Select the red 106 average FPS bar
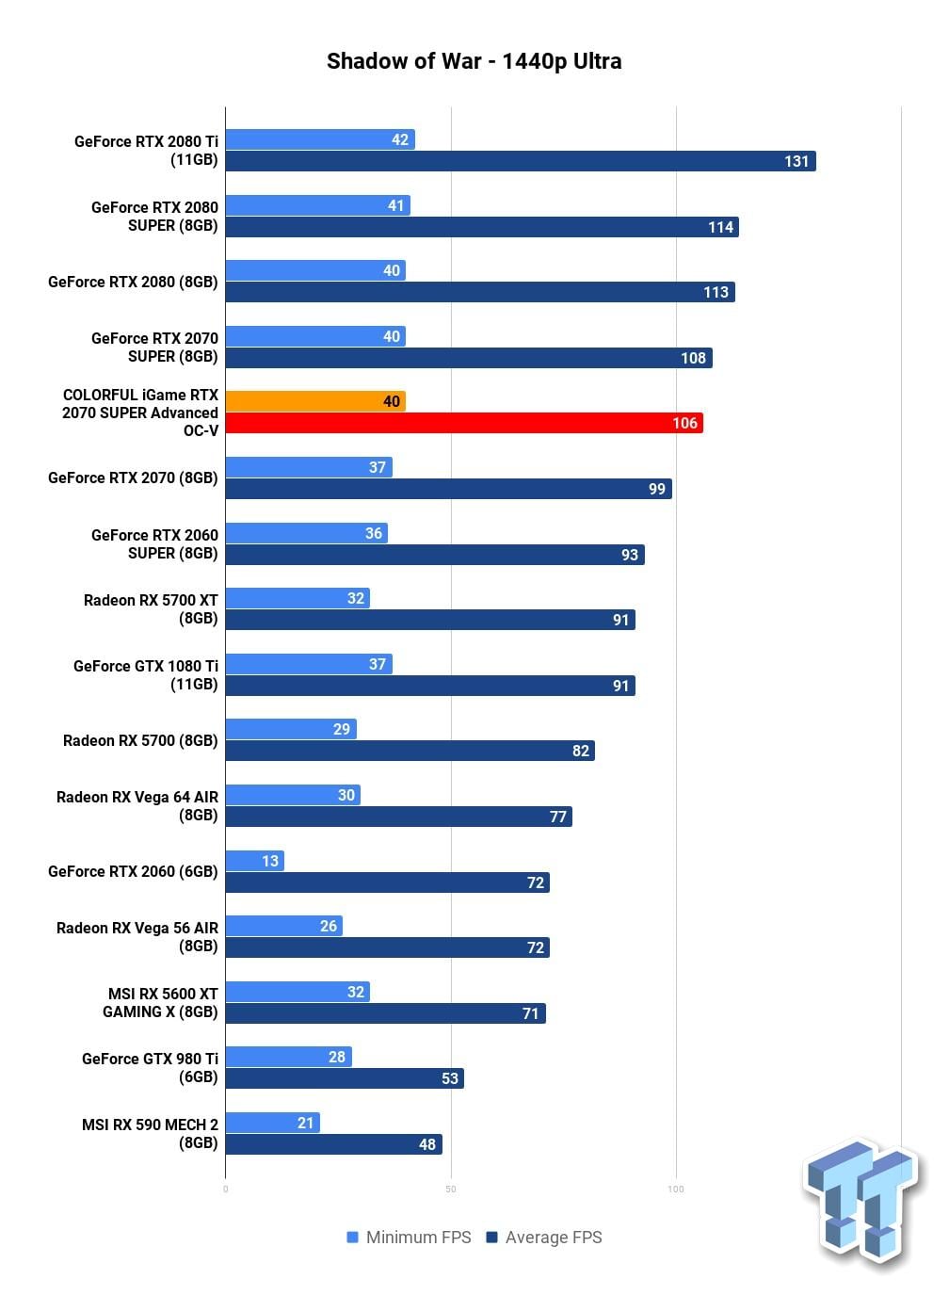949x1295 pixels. pos(464,423)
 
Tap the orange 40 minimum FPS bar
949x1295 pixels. pos(315,400)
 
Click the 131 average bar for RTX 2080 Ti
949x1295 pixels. pos(521,161)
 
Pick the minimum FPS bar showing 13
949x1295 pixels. pos(255,860)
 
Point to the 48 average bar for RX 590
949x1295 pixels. pos(334,1144)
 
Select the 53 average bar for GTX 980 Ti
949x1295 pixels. pos(345,1078)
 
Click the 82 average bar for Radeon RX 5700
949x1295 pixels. pos(410,751)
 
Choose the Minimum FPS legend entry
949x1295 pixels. pos(409,1238)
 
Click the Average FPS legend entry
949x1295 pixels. pos(544,1238)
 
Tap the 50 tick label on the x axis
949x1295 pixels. pos(451,1190)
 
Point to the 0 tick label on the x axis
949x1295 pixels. pos(225,1190)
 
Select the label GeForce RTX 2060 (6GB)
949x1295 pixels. pos(133,871)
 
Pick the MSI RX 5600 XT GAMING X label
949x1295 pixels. pos(160,1002)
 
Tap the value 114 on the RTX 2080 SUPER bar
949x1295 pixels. pos(721,227)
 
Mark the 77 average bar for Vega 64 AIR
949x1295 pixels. pos(399,817)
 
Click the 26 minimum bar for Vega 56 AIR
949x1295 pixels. pos(283,926)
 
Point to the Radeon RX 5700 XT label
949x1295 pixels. pos(151,608)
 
